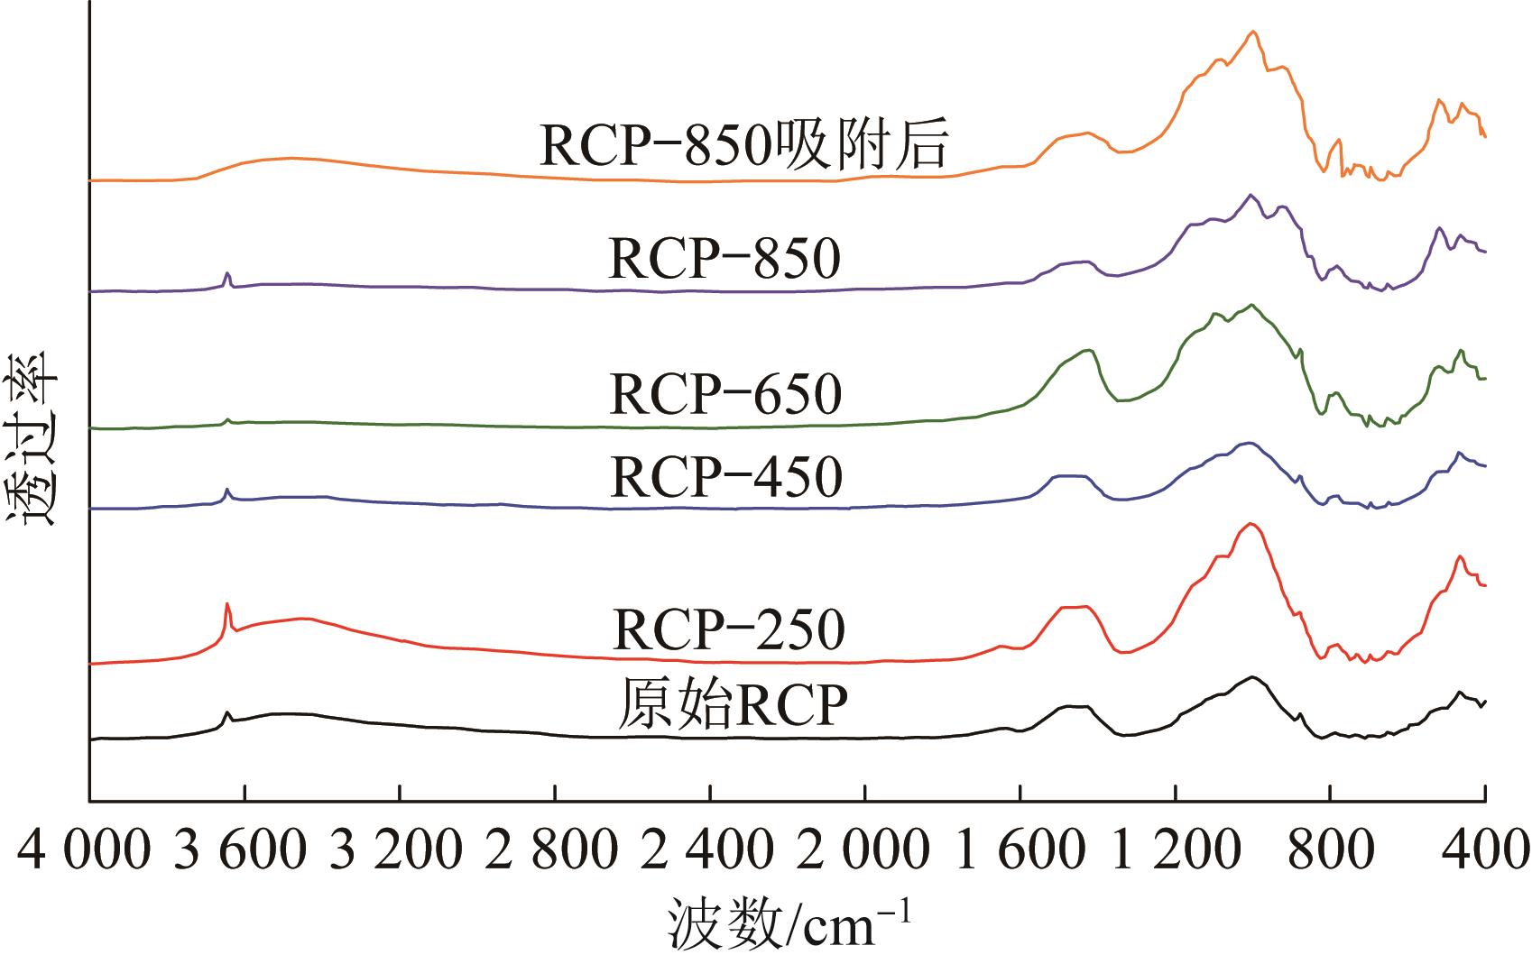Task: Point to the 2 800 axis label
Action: coord(552,851)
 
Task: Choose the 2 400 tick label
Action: coord(708,851)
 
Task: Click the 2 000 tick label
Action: coord(863,851)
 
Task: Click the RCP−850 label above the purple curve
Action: coord(725,259)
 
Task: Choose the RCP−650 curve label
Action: coord(725,394)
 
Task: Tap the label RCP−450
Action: coord(726,476)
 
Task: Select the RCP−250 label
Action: coord(728,629)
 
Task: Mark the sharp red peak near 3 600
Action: coord(226,605)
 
